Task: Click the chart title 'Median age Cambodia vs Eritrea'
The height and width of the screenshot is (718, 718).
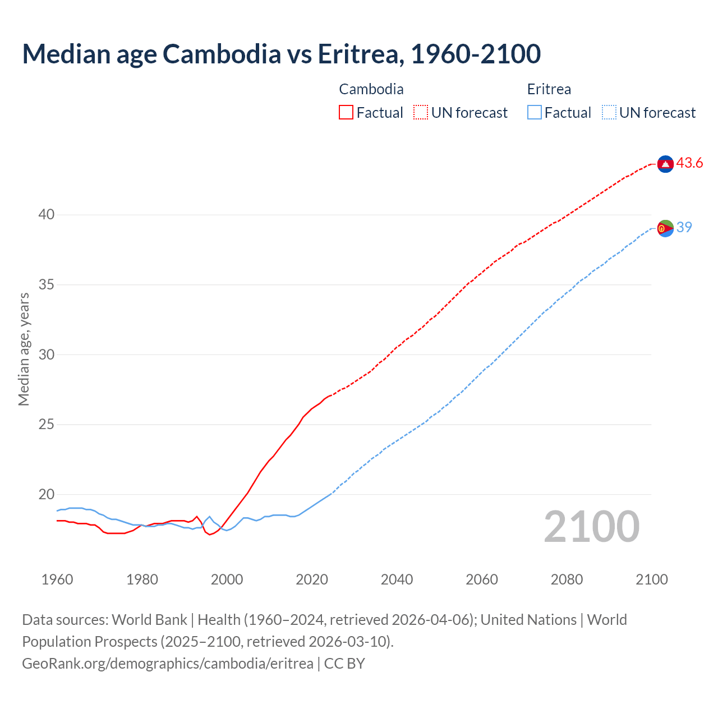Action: coord(281,54)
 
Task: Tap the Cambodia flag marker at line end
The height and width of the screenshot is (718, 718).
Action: coord(665,164)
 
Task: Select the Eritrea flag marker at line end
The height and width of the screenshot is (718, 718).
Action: coord(665,228)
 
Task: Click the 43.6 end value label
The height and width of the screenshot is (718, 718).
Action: coord(689,163)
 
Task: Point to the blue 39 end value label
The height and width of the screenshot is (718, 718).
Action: coord(684,227)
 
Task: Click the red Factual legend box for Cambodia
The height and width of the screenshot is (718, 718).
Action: coord(346,113)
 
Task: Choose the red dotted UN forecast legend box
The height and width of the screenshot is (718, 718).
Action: coord(421,113)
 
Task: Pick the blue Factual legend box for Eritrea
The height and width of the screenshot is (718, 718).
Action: coord(535,113)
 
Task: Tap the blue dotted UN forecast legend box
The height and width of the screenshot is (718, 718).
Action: coord(609,113)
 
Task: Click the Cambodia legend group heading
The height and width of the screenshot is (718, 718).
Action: coord(371,89)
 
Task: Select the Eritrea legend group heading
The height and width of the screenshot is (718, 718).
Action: coord(549,89)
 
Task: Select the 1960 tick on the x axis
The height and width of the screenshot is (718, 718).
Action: coord(57,579)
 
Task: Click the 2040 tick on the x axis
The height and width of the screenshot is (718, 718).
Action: coord(397,579)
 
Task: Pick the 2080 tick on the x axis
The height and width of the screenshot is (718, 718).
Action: coord(567,579)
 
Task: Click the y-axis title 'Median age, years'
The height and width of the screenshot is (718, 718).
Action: coord(24,349)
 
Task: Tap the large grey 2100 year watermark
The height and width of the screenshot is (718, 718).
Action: coord(591,527)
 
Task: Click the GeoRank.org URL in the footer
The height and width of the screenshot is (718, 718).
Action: coord(167,664)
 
